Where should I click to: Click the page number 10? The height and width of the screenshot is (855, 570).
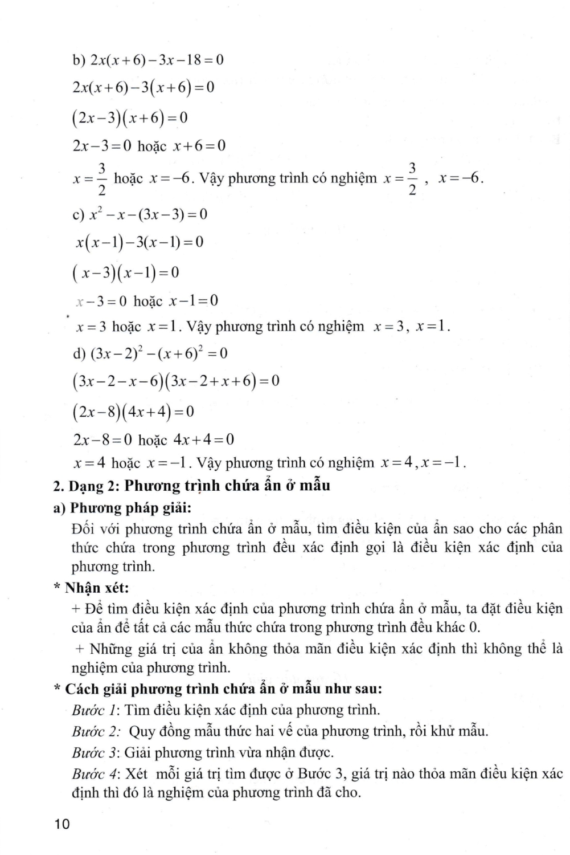coord(61,824)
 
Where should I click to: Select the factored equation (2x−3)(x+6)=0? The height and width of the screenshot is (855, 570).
coord(130,118)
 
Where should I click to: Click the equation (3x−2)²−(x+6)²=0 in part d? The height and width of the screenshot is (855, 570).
coord(159,353)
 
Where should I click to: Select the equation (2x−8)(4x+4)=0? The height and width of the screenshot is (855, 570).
coord(133,411)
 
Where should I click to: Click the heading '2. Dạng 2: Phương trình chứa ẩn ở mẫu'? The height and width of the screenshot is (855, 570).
coord(191,486)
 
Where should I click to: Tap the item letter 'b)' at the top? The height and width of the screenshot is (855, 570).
coord(79,60)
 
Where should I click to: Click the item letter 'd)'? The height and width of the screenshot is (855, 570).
coord(79,354)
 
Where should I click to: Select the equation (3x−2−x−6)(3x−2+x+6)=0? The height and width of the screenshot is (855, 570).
coord(176,381)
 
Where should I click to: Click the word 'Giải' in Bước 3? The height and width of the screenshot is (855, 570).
coord(137,753)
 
